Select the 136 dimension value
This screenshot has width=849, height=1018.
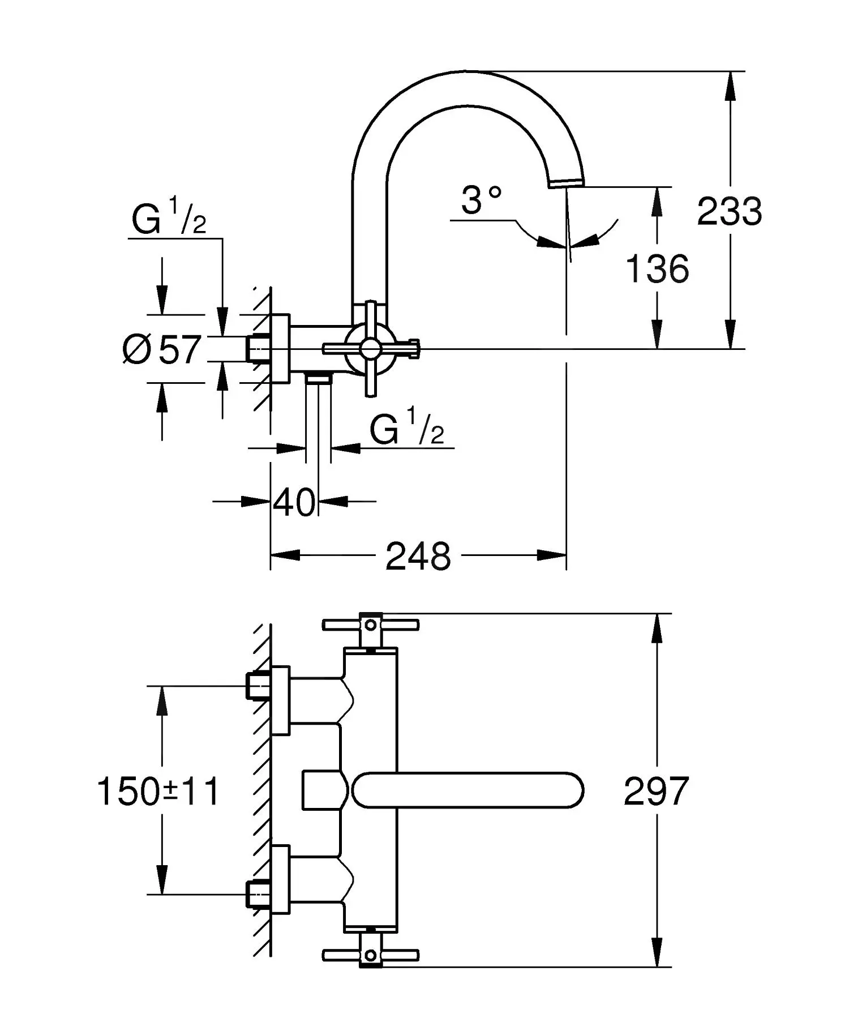click(x=657, y=269)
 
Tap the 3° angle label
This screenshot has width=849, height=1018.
click(x=481, y=200)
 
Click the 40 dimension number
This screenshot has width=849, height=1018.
click(x=294, y=502)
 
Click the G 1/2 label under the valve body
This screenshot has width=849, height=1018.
click(x=406, y=429)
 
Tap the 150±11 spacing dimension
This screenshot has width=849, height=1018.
click(x=158, y=791)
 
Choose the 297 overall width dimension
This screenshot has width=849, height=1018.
click(x=656, y=791)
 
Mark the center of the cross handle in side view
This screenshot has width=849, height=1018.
click(x=371, y=348)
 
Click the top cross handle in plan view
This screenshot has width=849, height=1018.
click(x=371, y=625)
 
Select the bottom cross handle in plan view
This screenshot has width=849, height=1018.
click(x=371, y=955)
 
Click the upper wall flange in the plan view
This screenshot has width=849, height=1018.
click(x=281, y=700)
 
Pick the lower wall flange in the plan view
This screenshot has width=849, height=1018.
click(x=281, y=879)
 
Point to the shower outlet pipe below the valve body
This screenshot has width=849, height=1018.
click(x=319, y=419)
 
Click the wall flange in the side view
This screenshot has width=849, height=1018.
click(x=281, y=348)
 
